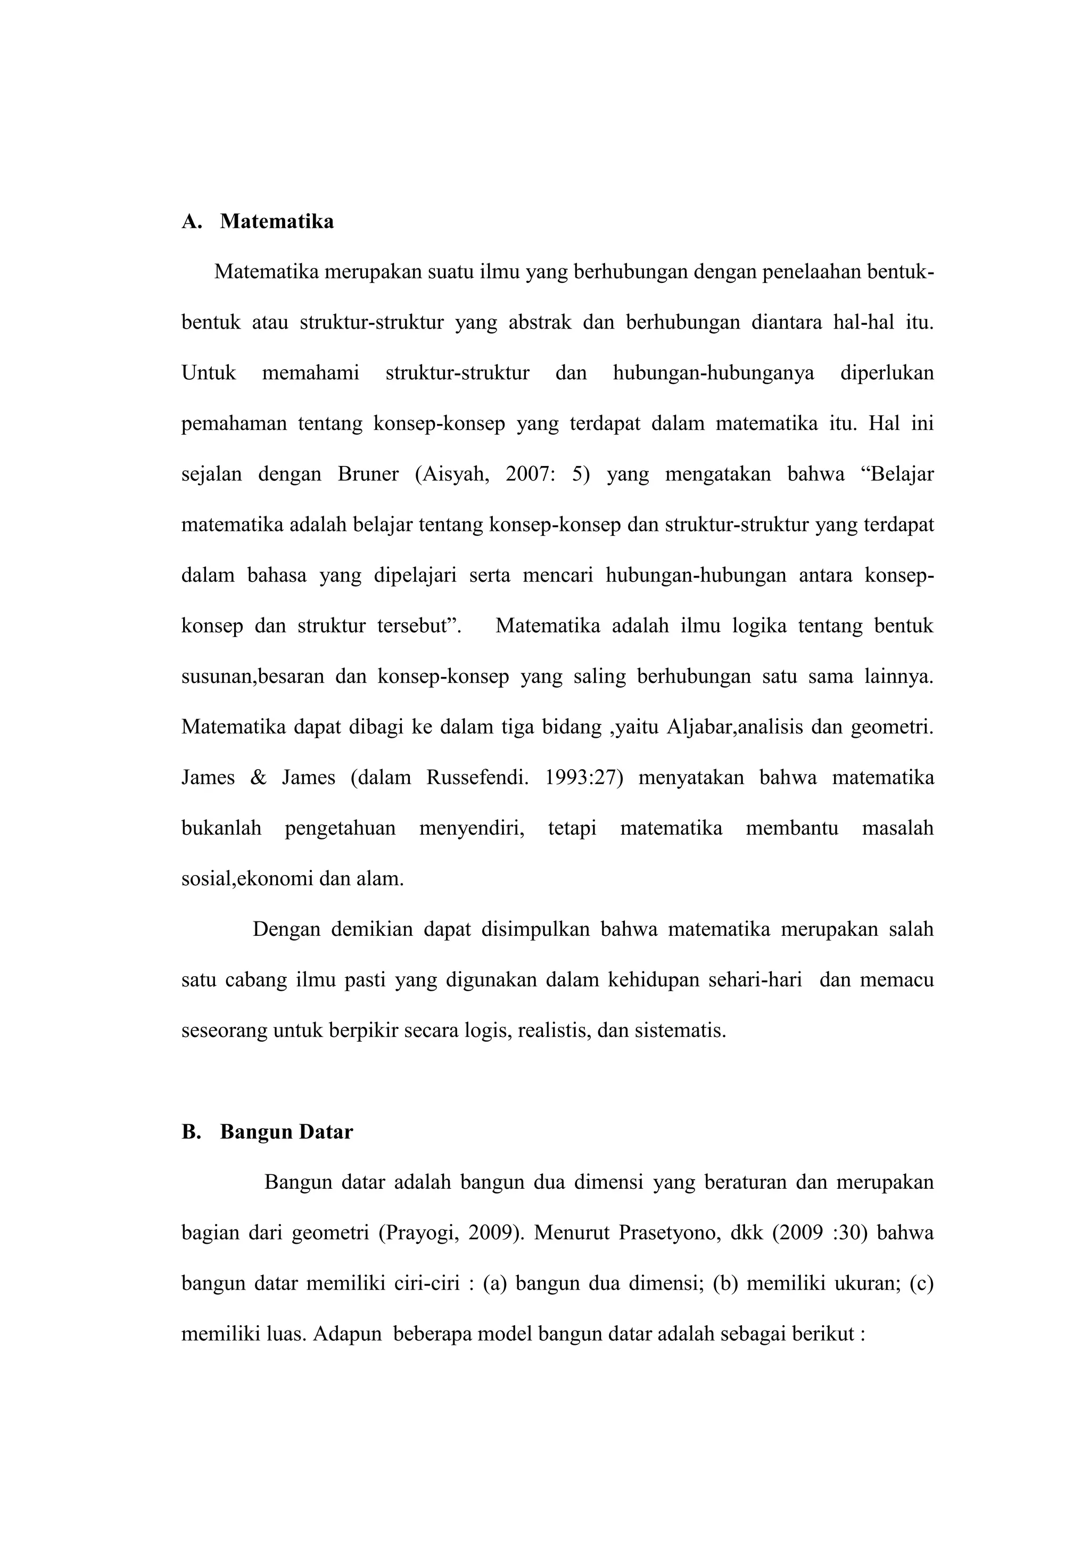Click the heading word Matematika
click(277, 221)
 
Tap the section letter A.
click(191, 221)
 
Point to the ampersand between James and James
click(258, 778)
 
